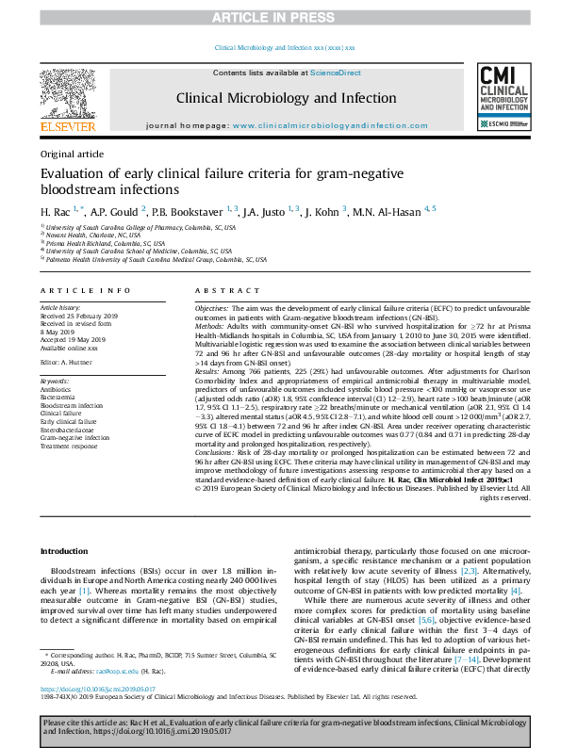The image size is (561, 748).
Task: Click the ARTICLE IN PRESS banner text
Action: point(280,18)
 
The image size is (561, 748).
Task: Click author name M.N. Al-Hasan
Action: point(388,210)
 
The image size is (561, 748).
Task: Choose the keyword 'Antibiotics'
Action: point(56,388)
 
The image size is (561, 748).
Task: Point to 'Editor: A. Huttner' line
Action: point(68,361)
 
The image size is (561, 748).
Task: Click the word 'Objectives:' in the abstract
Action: point(213,309)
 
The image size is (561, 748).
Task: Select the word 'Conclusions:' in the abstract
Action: point(217,454)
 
